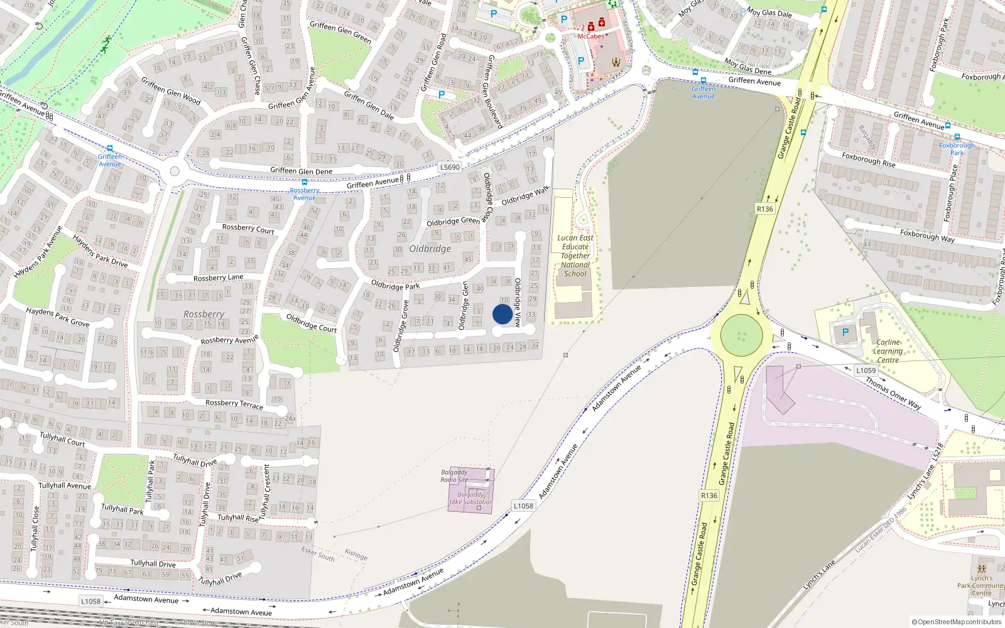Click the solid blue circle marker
click(x=503, y=314)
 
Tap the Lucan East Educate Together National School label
click(x=575, y=256)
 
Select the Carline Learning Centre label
click(x=888, y=351)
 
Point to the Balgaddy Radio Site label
click(x=454, y=475)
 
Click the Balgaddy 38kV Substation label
click(x=470, y=498)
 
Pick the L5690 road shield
click(x=450, y=167)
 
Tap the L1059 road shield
click(x=866, y=371)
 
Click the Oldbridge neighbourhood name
click(x=430, y=249)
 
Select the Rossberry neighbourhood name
click(x=204, y=314)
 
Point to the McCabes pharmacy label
click(x=590, y=36)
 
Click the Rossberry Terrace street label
click(x=234, y=404)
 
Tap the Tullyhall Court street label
click(x=62, y=439)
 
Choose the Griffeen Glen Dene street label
click(x=301, y=171)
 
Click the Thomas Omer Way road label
click(x=893, y=393)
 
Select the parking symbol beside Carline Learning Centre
click(x=845, y=333)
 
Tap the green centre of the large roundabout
click(x=741, y=335)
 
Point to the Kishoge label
click(x=356, y=555)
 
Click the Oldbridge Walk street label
click(x=525, y=195)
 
